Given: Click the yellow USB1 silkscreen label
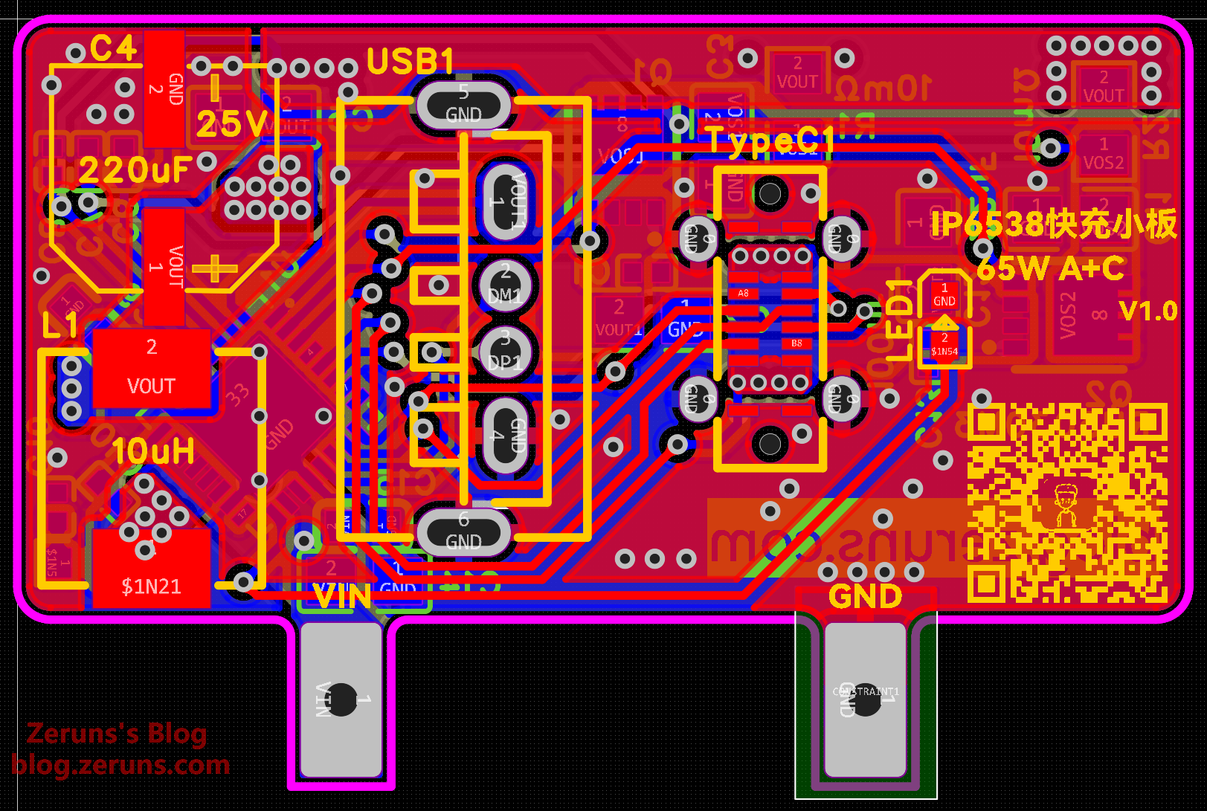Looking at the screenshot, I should [410, 61].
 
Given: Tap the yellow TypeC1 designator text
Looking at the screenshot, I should [770, 140].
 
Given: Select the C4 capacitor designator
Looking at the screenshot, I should [114, 49].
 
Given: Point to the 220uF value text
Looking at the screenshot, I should [135, 170].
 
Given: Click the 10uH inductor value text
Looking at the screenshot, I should [153, 451].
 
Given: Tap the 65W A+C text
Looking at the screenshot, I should [1050, 268].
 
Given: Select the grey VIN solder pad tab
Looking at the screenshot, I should [341, 699].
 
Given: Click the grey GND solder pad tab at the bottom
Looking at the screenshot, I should [866, 699].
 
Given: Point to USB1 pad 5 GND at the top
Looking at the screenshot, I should [464, 104].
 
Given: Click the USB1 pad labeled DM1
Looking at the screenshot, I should [505, 285].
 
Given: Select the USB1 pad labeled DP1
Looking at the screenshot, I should [505, 351].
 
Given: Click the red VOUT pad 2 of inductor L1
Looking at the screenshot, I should [151, 369].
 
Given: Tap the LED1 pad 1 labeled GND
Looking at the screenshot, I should [944, 294].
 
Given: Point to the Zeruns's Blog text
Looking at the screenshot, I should [117, 734].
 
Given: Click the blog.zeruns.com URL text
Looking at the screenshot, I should [120, 764].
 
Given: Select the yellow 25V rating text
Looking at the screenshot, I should [232, 123].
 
